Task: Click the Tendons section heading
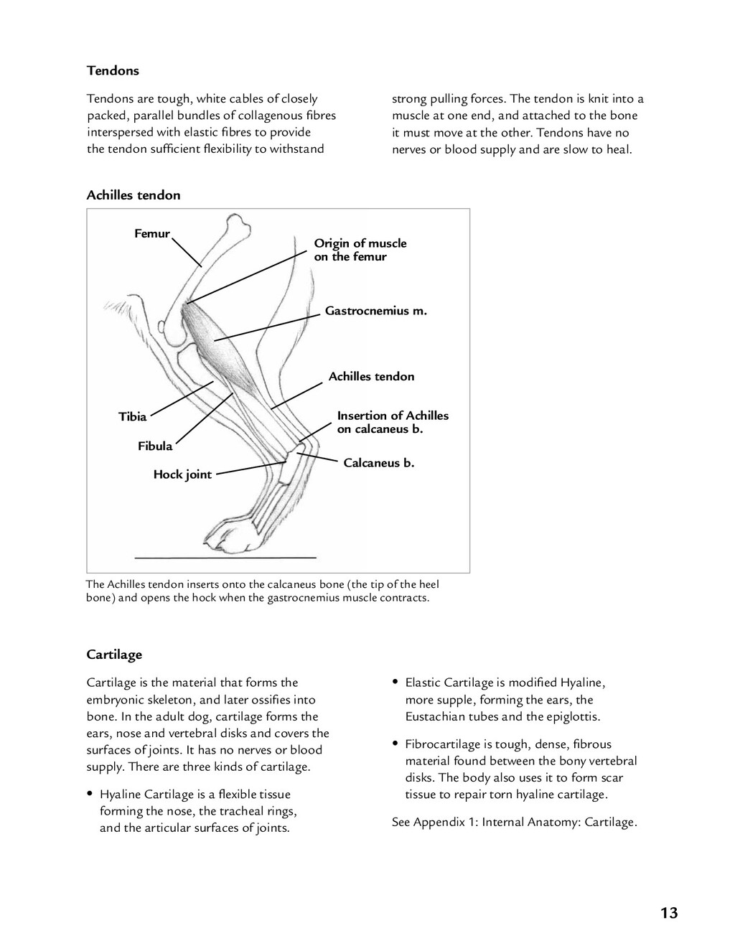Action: click(x=113, y=70)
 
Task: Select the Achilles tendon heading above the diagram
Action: click(x=134, y=195)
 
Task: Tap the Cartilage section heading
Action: click(x=114, y=655)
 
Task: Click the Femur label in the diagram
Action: click(x=152, y=234)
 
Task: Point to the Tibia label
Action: click(x=132, y=417)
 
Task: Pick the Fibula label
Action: click(x=155, y=446)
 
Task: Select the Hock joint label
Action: click(x=182, y=474)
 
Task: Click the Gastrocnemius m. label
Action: click(x=375, y=311)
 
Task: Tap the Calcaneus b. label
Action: click(x=378, y=463)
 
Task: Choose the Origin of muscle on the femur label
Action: click(x=360, y=250)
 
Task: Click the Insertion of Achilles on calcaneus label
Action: click(x=393, y=422)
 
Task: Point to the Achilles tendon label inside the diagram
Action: click(x=371, y=377)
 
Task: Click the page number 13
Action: click(x=669, y=913)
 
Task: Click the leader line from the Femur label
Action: click(x=187, y=251)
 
